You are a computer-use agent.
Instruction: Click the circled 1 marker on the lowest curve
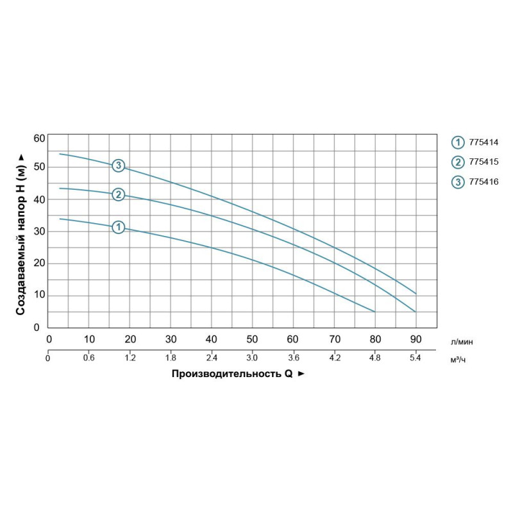click(118, 227)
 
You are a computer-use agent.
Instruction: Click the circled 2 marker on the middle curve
click(118, 194)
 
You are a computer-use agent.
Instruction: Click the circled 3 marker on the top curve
click(118, 165)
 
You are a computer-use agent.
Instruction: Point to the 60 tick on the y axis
click(39, 139)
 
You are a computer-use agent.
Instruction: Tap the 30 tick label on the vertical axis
click(39, 231)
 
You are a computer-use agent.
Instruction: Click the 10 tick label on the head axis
click(39, 296)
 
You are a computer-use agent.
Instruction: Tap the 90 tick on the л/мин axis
click(416, 339)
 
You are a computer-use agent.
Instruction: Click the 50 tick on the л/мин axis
click(252, 339)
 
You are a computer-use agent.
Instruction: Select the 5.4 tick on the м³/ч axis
click(416, 358)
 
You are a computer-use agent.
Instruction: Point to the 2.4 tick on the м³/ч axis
click(212, 358)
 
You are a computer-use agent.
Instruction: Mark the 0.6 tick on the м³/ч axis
click(89, 358)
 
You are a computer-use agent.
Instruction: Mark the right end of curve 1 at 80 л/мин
click(374, 312)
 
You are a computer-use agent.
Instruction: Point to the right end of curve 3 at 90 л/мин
click(416, 294)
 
